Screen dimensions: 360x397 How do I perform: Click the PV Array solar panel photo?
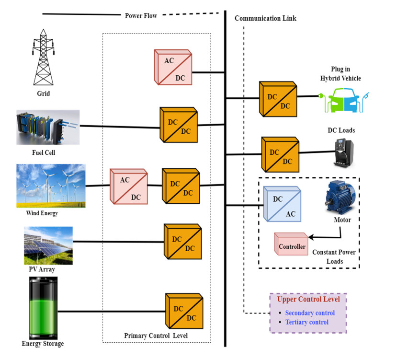(48, 245)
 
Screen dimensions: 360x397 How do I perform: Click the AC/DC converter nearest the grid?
(172, 67)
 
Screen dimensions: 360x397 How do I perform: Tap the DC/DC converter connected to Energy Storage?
(184, 311)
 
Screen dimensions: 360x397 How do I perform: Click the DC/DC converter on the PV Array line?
(182, 242)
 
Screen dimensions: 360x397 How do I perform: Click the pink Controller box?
(291, 246)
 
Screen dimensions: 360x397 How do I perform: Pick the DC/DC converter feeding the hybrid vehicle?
(278, 99)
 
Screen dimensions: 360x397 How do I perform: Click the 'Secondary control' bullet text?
(309, 313)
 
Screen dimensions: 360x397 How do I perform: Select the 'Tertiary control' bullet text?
(306, 322)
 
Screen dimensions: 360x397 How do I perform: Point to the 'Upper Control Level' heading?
(308, 299)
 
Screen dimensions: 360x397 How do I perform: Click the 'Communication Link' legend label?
(265, 18)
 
